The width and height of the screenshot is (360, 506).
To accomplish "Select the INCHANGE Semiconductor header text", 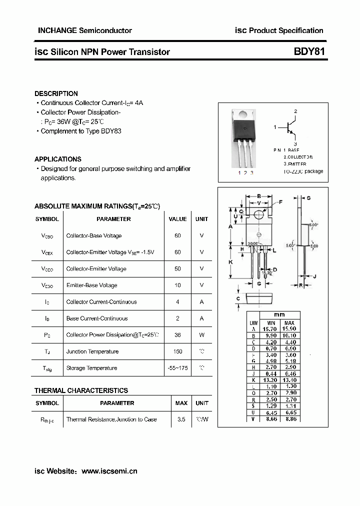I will tap(84, 30).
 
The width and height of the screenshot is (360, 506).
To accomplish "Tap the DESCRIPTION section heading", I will tap(56, 93).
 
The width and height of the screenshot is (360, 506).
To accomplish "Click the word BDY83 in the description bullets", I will tap(111, 131).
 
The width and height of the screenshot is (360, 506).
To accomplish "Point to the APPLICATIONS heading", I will tap(57, 159).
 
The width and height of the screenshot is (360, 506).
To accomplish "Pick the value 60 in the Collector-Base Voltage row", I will tap(177, 235).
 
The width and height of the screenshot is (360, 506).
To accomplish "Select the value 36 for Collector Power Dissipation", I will tap(177, 334).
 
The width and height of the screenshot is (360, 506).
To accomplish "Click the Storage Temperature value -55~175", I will tap(177, 368).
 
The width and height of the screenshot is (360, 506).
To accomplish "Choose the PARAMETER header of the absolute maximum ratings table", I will tap(113, 219).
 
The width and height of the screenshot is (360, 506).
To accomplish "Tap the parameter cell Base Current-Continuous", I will tap(97, 318).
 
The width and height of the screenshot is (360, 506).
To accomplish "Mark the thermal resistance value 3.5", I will tap(181, 419).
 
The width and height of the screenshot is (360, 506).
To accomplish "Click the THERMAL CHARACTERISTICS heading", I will tap(81, 390).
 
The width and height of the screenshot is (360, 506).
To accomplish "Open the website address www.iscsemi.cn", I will tap(109, 471).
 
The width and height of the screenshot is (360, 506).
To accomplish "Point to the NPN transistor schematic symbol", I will tap(289, 128).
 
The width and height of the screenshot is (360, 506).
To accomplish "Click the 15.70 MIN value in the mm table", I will tap(271, 329).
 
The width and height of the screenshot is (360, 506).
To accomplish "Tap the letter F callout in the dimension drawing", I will tap(280, 202).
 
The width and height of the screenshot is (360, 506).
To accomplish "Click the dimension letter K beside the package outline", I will tap(230, 262).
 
